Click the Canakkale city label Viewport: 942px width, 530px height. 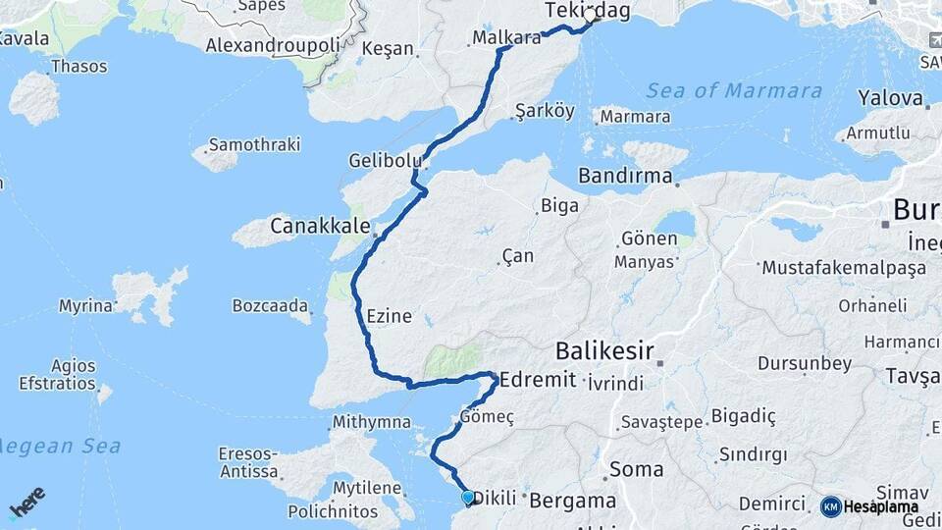pos(318,227)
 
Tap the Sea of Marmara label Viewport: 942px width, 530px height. pos(734,91)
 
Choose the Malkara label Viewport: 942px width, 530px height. pos(506,38)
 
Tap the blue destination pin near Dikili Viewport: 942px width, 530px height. pos(468,499)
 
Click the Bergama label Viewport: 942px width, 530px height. pos(573,501)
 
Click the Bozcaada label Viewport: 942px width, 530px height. pos(271,306)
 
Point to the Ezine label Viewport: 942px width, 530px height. pos(390,317)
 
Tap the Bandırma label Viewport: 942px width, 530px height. pos(625,178)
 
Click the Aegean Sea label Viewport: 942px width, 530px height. pos(61,447)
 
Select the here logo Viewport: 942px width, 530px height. pos(26,502)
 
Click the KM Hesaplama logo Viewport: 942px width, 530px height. pos(869,506)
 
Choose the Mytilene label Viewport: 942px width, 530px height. pos(367,488)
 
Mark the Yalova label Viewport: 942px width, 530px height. pos(891,98)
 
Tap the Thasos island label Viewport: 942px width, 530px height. pos(78,67)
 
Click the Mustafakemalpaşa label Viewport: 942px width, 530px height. pos(843,268)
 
